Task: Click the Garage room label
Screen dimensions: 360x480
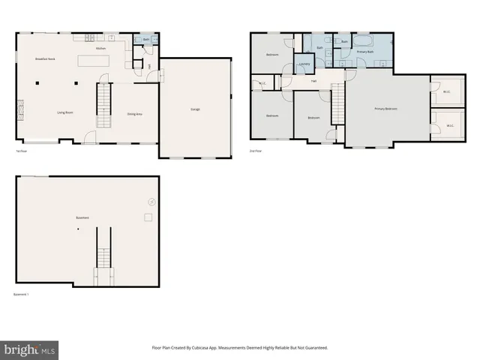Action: (x=195, y=109)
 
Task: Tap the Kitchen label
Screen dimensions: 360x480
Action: (x=100, y=48)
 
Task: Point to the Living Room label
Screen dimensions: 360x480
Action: (x=64, y=112)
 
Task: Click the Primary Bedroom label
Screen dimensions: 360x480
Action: (x=385, y=109)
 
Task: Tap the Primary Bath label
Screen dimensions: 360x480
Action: (x=364, y=51)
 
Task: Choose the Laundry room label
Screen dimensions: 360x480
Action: (x=304, y=64)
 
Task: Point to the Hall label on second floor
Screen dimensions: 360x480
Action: (x=313, y=80)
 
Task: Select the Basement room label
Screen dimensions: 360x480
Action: (x=82, y=217)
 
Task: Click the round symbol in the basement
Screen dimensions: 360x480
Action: (x=151, y=201)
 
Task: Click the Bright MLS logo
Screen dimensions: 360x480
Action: (x=30, y=349)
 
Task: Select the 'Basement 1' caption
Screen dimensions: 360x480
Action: (x=21, y=294)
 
